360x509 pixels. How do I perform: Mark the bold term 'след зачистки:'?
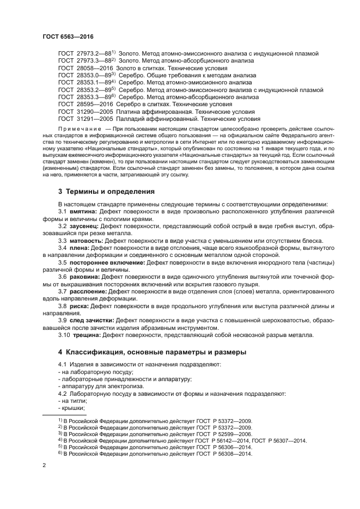coord(92,320)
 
